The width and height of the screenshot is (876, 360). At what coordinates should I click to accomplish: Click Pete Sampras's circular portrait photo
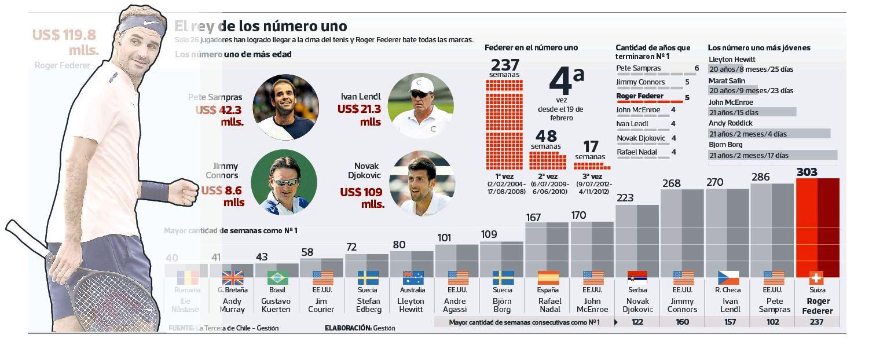(286, 107)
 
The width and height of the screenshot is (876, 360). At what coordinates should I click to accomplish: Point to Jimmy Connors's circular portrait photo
(284, 182)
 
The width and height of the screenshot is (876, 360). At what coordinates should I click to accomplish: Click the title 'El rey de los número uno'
(261, 26)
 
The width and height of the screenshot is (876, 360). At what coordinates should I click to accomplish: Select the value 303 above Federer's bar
(807, 172)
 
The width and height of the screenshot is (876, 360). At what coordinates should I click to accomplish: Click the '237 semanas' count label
(504, 68)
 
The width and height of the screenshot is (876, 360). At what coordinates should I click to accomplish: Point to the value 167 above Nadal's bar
(533, 218)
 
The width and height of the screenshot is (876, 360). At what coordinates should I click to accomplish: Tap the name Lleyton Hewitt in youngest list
(731, 59)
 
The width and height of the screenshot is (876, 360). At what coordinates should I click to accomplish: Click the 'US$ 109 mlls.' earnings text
(362, 198)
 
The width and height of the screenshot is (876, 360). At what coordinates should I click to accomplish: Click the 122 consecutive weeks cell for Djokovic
(637, 322)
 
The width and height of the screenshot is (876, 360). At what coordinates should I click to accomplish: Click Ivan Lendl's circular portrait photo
(419, 105)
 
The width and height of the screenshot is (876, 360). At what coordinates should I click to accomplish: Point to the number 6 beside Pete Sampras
(697, 68)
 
